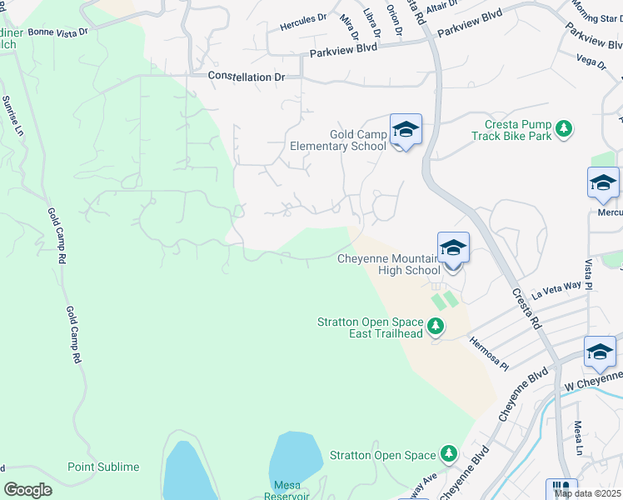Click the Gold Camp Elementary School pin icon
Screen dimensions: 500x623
click(x=406, y=130)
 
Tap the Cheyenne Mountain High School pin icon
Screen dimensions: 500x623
click(x=453, y=249)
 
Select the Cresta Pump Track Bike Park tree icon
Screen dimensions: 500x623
click(x=566, y=127)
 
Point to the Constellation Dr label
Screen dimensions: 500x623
click(x=246, y=77)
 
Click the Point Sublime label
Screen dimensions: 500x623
click(x=103, y=467)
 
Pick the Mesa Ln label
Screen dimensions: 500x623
click(x=577, y=437)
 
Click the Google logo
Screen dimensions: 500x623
click(x=27, y=490)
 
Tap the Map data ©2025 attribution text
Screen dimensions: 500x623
click(x=586, y=493)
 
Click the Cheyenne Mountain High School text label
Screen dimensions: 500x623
click(x=388, y=264)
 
